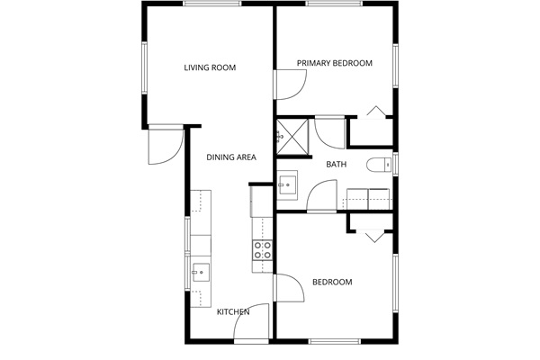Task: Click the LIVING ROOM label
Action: pyautogui.click(x=210, y=67)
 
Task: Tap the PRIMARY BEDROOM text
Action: pyautogui.click(x=335, y=63)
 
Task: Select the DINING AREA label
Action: pyautogui.click(x=231, y=157)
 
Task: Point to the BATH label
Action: pyautogui.click(x=336, y=165)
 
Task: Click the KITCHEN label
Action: pyautogui.click(x=233, y=311)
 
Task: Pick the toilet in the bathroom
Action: pyautogui.click(x=379, y=165)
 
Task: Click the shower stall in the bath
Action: pyautogui.click(x=292, y=137)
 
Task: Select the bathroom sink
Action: pyautogui.click(x=287, y=185)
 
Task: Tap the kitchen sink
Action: pyautogui.click(x=201, y=272)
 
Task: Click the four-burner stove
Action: pyautogui.click(x=262, y=250)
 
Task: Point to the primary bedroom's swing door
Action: pyautogui.click(x=290, y=85)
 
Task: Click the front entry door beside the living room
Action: pyautogui.click(x=166, y=145)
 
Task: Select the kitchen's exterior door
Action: pyautogui.click(x=251, y=322)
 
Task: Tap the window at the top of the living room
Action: pyautogui.click(x=211, y=4)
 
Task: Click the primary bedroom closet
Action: pyautogui.click(x=371, y=131)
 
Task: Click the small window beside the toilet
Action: pyautogui.click(x=396, y=164)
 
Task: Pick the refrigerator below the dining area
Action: pyautogui.click(x=262, y=202)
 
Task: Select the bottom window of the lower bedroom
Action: pyautogui.click(x=335, y=341)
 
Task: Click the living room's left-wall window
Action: pyautogui.click(x=144, y=67)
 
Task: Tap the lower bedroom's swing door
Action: pyautogui.click(x=289, y=288)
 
